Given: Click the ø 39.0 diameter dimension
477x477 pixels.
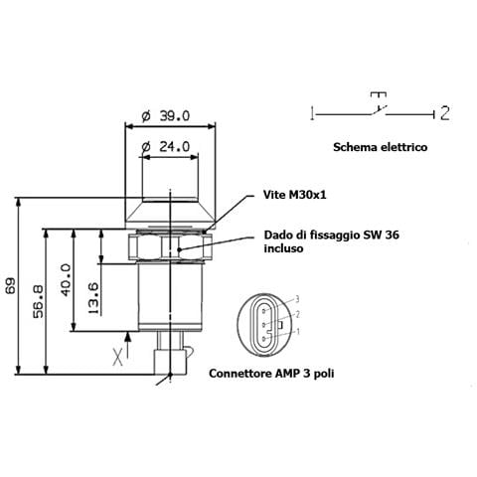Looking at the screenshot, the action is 166,116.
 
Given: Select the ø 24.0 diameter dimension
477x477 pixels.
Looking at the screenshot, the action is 166,146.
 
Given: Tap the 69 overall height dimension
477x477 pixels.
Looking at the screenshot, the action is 11,285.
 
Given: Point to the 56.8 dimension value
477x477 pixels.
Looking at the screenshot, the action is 39,301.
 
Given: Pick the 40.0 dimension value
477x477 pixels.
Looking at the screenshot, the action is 66,280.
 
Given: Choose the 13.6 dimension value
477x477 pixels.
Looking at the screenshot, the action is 93,298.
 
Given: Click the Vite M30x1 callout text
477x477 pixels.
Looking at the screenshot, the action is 294,195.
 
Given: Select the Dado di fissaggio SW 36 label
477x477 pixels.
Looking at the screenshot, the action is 331,235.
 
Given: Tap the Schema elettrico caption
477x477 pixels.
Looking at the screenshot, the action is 381,147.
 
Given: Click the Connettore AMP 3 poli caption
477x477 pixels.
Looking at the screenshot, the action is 271,374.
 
